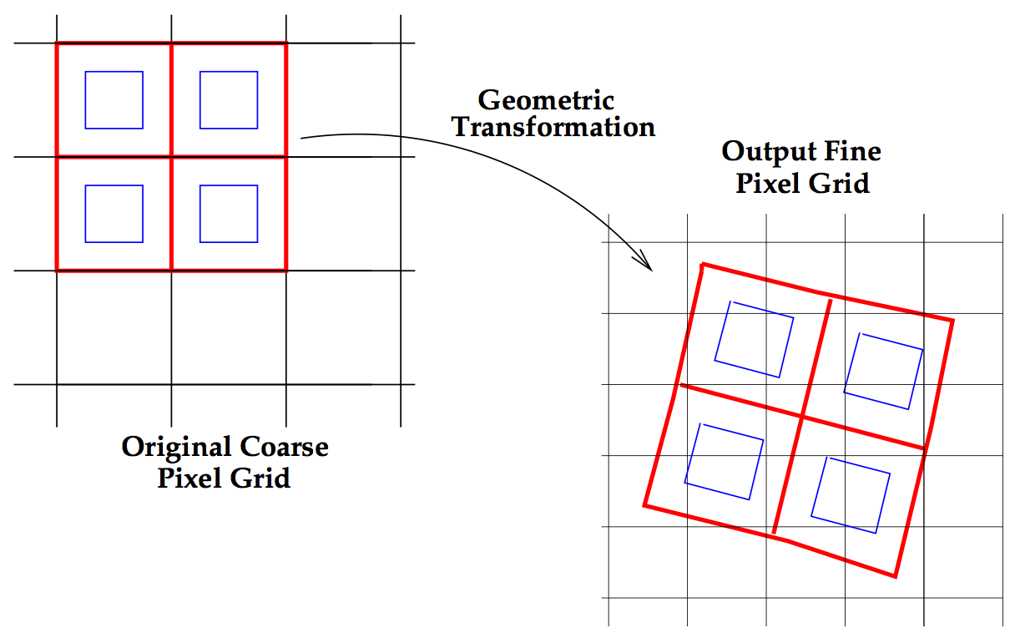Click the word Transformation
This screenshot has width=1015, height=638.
pos(553,128)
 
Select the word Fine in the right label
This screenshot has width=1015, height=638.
pos(853,152)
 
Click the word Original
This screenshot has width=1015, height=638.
pos(177,447)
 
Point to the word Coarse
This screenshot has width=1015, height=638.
pos(285,447)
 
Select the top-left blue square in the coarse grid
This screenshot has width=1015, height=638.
pos(114,100)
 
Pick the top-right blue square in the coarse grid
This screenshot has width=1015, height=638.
pos(229,100)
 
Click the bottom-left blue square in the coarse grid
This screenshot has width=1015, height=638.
pos(114,214)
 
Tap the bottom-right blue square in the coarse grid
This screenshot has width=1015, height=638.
pos(229,214)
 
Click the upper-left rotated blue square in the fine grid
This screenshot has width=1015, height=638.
pos(754,338)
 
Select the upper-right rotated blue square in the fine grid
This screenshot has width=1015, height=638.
pos(883,371)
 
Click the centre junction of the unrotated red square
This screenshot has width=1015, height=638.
pos(171,157)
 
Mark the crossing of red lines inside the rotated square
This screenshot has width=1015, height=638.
pos(802,417)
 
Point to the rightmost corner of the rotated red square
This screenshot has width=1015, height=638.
pos(952,320)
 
